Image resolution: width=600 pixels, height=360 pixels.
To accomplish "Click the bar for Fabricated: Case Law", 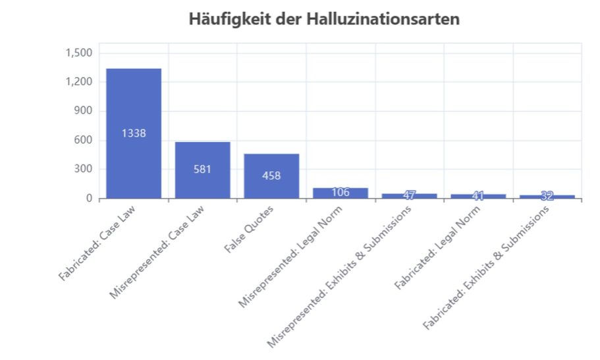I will pyautogui.click(x=134, y=105).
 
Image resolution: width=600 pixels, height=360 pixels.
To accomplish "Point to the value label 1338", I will pyautogui.click(x=134, y=133).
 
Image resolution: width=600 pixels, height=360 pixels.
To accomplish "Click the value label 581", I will pyautogui.click(x=202, y=169).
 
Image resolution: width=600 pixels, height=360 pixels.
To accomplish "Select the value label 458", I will pyautogui.click(x=271, y=176).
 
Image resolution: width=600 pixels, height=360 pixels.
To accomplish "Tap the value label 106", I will pyautogui.click(x=340, y=192).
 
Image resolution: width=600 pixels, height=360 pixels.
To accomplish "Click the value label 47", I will pyautogui.click(x=409, y=195).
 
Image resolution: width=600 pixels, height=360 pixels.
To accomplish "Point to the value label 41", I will pyautogui.click(x=478, y=195).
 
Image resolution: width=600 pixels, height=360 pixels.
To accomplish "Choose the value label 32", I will pyautogui.click(x=547, y=195).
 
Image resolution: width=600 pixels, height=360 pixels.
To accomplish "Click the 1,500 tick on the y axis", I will pyautogui.click(x=79, y=53).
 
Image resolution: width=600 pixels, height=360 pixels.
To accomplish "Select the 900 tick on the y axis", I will pyautogui.click(x=84, y=111).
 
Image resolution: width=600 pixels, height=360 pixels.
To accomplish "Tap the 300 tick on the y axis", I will pyautogui.click(x=84, y=169).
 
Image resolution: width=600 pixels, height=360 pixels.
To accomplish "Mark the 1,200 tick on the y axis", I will pyautogui.click(x=79, y=82).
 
